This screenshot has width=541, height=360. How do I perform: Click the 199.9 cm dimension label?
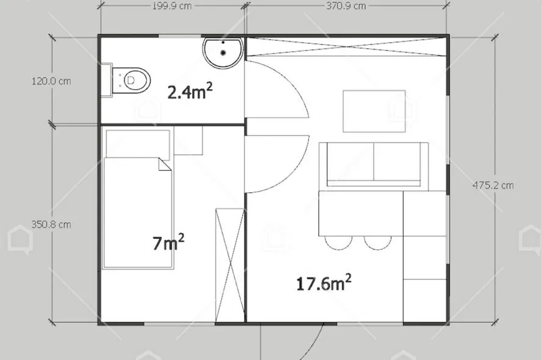(172, 6)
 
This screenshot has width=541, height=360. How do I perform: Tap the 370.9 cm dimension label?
(346, 6)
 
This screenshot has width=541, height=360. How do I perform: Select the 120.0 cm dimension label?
(51, 81)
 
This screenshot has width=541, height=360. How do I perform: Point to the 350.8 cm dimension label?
(51, 225)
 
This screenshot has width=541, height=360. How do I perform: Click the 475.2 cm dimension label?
(493, 185)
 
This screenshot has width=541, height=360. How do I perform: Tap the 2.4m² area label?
(190, 91)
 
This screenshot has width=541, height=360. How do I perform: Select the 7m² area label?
(168, 242)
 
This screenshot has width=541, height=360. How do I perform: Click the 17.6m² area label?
(324, 283)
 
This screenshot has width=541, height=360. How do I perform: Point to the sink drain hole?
(223, 52)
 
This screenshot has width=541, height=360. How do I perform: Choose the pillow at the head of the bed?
(137, 144)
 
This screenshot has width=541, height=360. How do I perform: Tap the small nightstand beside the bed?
(188, 140)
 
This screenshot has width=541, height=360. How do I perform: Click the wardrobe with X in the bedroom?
(230, 266)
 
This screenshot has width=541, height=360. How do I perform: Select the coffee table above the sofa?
(374, 111)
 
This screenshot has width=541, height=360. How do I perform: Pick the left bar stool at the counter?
(338, 243)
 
